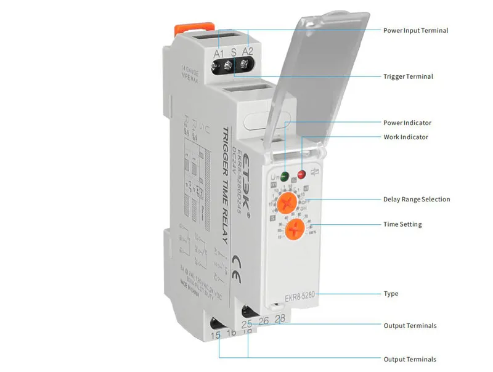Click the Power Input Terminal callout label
(415, 30)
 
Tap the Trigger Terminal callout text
(408, 76)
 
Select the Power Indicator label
(407, 123)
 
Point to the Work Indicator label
(405, 137)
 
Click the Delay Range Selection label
(417, 200)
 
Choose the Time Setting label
(402, 224)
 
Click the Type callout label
(391, 294)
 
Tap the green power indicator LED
(285, 176)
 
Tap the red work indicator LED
(302, 175)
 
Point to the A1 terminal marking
(219, 54)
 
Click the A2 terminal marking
(248, 52)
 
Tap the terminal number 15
(215, 335)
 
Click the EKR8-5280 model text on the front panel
(300, 298)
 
